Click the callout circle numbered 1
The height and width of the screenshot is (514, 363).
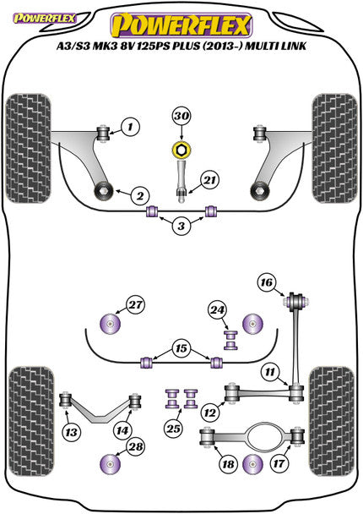click(x=131, y=128)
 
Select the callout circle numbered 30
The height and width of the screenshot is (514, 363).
click(x=181, y=117)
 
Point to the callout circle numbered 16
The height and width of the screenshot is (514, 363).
click(x=267, y=282)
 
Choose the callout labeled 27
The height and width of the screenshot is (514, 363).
click(x=135, y=305)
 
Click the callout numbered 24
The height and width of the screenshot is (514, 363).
click(x=216, y=309)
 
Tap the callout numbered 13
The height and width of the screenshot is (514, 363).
click(x=74, y=433)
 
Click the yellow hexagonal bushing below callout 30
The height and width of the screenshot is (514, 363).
click(x=180, y=151)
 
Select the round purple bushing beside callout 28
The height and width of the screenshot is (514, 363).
click(x=110, y=464)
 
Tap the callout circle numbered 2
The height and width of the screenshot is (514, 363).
click(x=137, y=196)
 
